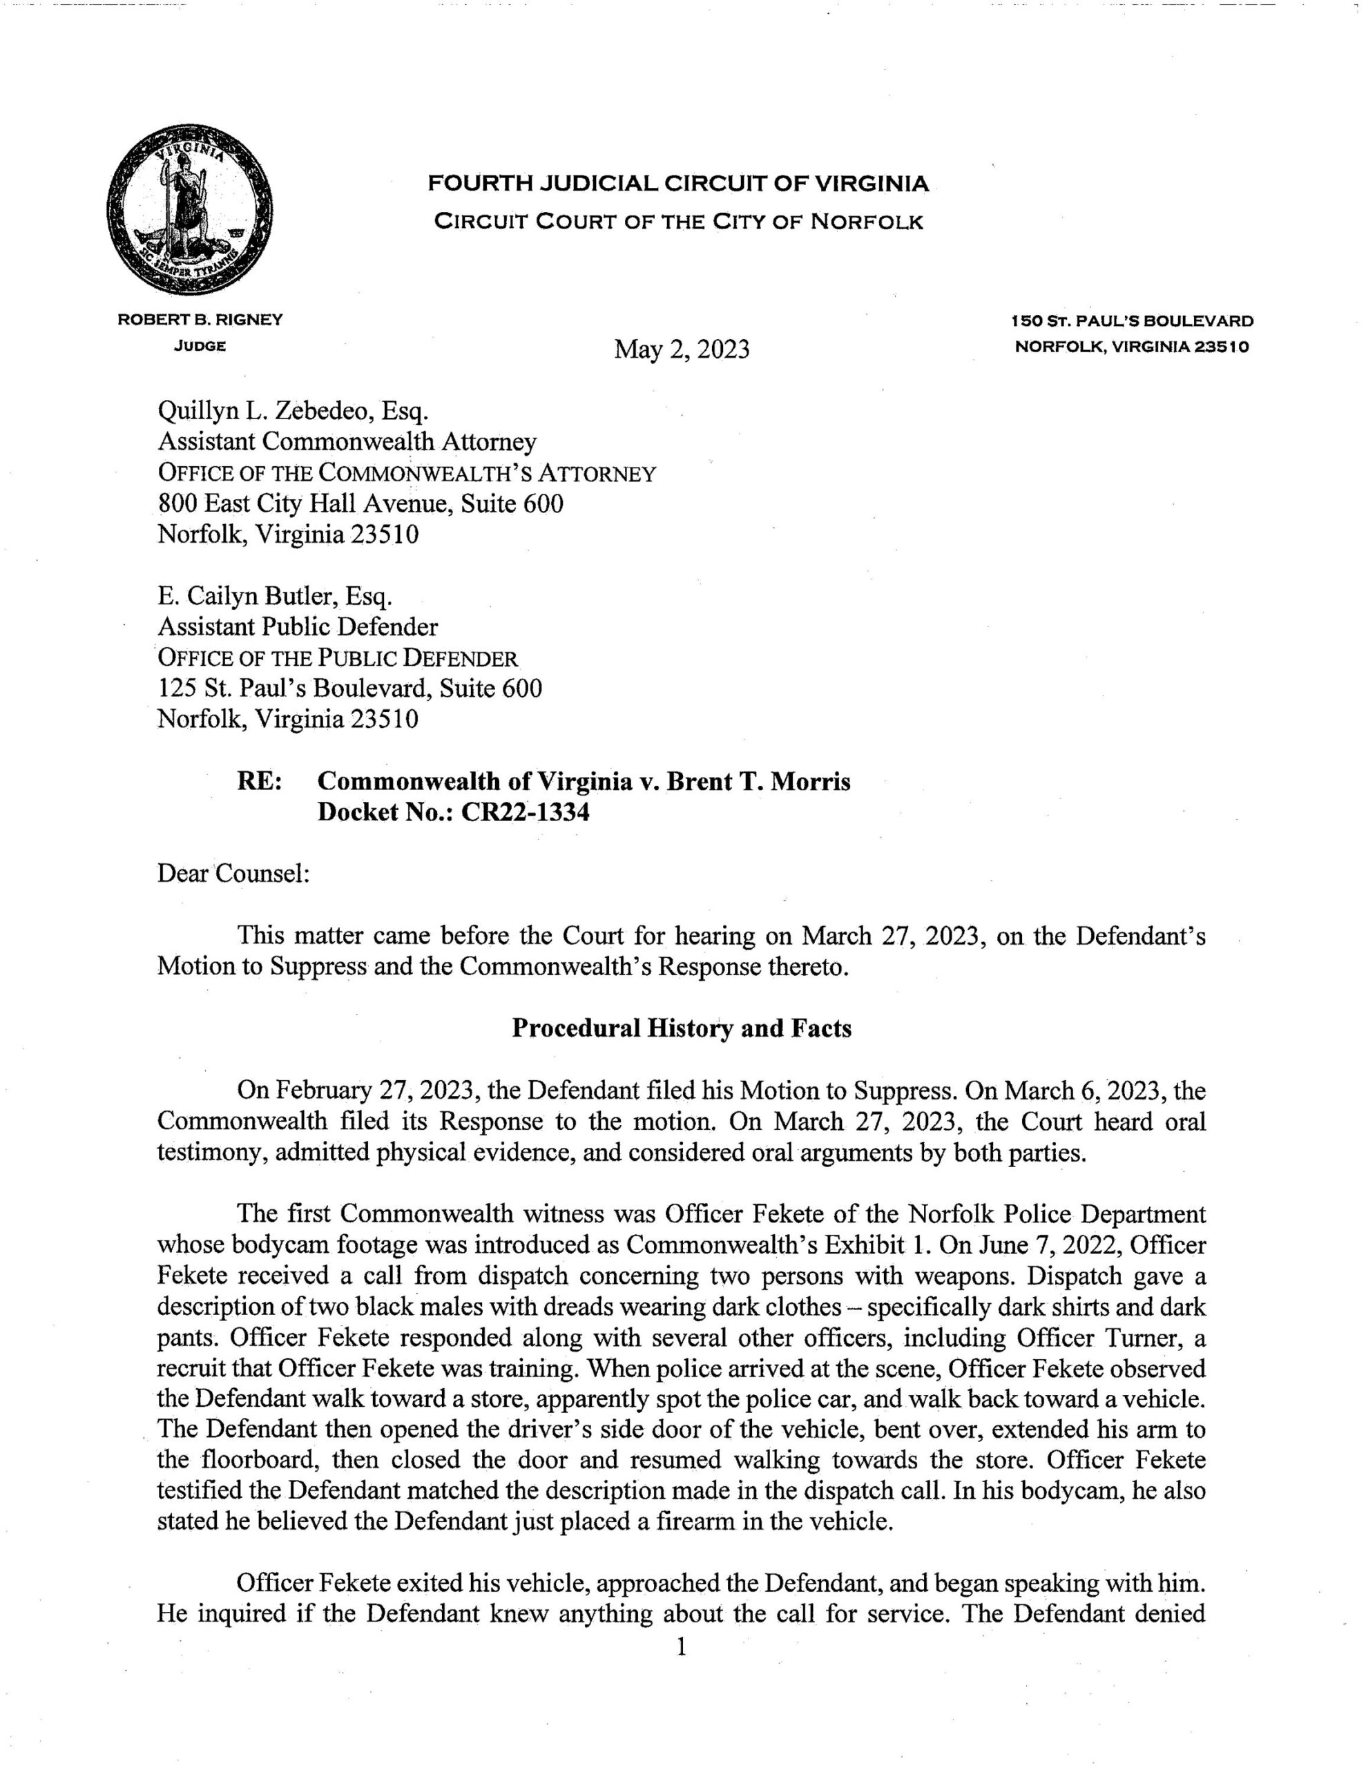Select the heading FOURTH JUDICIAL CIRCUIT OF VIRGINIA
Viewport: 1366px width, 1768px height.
pyautogui.click(x=677, y=184)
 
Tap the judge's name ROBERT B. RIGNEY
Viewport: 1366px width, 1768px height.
pyautogui.click(x=200, y=320)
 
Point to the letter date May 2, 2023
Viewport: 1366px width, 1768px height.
pyautogui.click(x=681, y=349)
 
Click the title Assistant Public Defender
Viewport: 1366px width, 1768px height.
pyautogui.click(x=297, y=626)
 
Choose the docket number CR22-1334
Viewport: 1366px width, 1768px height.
pyautogui.click(x=525, y=812)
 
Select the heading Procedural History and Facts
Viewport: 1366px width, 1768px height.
pyautogui.click(x=682, y=1028)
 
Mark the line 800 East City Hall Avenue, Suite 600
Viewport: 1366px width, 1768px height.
pyautogui.click(x=360, y=503)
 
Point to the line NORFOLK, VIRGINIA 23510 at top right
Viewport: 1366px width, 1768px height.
pyautogui.click(x=1132, y=347)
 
